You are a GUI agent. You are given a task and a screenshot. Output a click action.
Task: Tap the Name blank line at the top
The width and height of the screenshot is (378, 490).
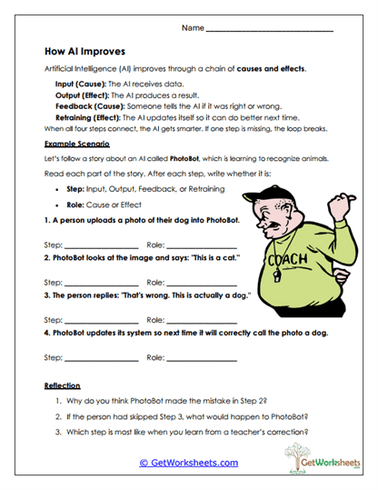[270, 30]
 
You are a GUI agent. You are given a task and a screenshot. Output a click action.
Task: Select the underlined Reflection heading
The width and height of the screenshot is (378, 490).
[63, 385]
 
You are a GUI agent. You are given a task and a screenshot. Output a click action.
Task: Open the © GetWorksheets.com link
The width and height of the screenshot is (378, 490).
[189, 463]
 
